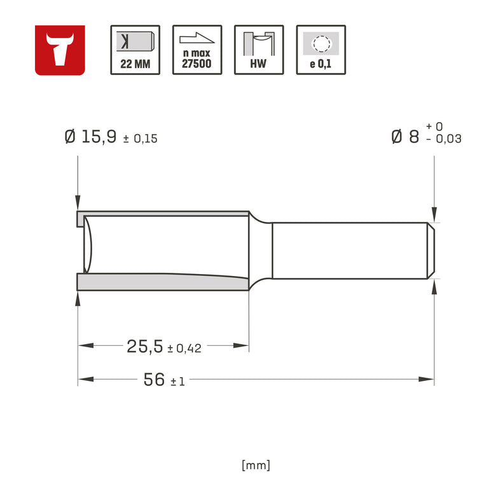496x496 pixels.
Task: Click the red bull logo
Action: point(60,50)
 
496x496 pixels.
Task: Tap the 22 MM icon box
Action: point(135,50)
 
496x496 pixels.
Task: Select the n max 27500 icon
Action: point(197,50)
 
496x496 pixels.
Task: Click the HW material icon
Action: point(259,50)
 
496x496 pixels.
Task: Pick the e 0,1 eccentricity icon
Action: point(320,50)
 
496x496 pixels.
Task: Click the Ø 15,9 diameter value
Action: point(90,137)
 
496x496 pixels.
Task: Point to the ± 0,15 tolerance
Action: point(140,139)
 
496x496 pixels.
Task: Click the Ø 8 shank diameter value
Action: point(405,137)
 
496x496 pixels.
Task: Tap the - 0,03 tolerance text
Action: point(443,139)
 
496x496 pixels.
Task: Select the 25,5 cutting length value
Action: point(145,346)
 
